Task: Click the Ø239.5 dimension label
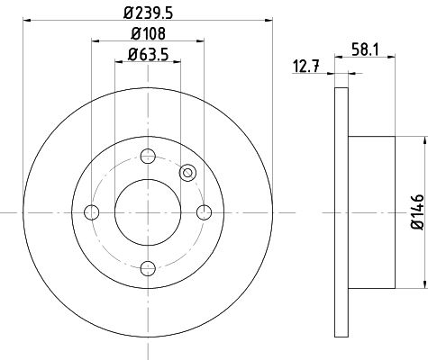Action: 148,13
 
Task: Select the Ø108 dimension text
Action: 148,33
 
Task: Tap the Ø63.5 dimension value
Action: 148,55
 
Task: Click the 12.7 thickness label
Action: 305,67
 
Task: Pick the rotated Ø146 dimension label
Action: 417,212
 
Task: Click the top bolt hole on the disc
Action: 148,156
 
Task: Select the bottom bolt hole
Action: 148,268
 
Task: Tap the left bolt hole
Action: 92,212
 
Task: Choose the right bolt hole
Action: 205,212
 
